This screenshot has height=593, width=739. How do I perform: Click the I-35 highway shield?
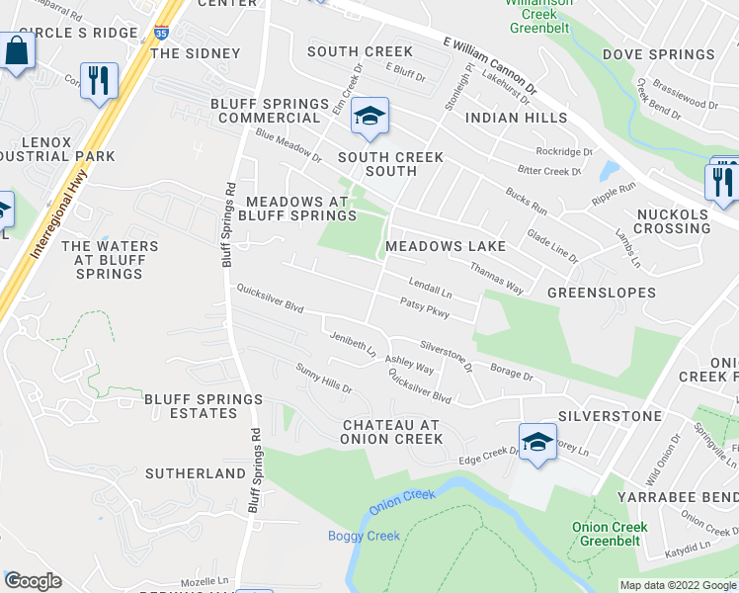(x=160, y=34)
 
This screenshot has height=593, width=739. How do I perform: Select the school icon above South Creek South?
(x=369, y=118)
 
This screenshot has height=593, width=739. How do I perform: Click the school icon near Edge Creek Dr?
(x=537, y=442)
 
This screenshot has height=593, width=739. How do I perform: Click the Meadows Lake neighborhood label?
(x=446, y=246)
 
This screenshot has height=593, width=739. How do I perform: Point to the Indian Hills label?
(x=516, y=118)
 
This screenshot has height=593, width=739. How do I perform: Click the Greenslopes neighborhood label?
(x=602, y=293)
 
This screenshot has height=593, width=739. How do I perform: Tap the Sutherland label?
(x=195, y=473)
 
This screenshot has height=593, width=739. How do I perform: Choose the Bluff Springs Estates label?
(x=204, y=406)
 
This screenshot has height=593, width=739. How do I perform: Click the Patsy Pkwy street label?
(x=425, y=308)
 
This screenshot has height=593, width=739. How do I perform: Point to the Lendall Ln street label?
(x=430, y=289)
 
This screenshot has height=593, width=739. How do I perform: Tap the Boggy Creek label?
(x=365, y=536)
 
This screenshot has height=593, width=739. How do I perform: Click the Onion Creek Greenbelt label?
(x=610, y=534)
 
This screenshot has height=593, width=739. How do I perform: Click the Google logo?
(x=34, y=581)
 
